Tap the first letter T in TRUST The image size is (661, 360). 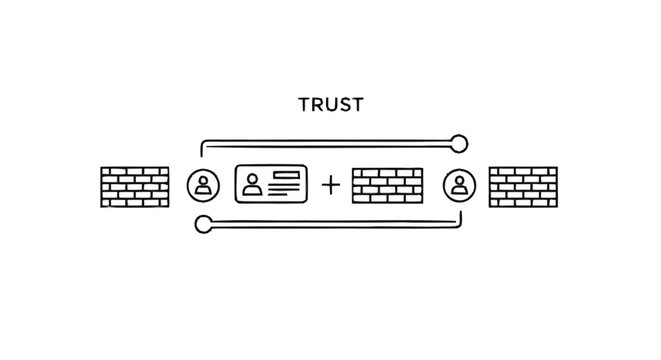coord(305,103)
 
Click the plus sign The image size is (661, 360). coord(330,185)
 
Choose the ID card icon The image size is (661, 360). coord(270,184)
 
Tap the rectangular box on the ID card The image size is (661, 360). coord(286,177)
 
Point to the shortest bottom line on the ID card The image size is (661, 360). coord(283,194)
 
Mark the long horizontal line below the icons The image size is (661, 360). coord(340,225)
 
